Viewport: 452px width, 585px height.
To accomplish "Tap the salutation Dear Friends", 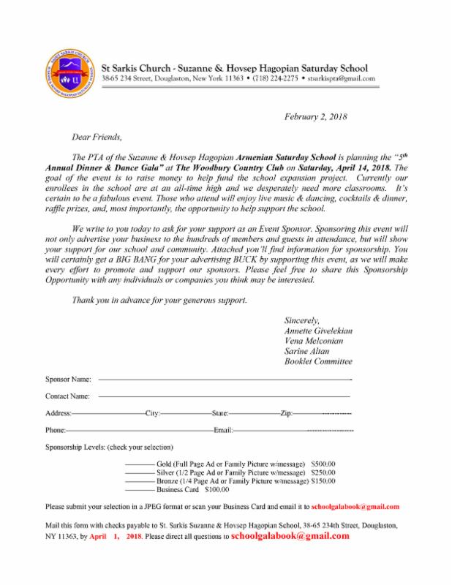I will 93,135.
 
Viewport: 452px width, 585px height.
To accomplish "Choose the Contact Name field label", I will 68,396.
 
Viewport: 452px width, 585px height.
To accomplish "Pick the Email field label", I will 222,430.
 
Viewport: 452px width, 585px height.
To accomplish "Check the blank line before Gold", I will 139,464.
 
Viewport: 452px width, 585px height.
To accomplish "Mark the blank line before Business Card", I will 139,491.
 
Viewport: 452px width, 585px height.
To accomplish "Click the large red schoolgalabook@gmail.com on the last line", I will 290,535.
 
